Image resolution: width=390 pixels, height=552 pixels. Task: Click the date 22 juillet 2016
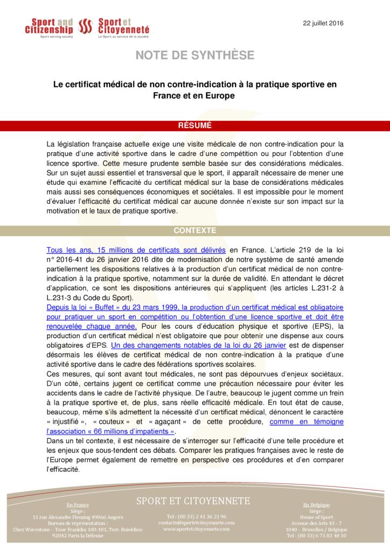click(x=323, y=23)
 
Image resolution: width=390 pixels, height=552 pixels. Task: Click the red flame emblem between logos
click(x=86, y=26)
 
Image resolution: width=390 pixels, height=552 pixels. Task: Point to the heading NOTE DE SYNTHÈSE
click(x=194, y=56)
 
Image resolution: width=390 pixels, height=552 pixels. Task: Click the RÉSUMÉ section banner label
click(x=194, y=126)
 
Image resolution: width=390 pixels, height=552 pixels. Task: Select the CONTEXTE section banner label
click(x=194, y=230)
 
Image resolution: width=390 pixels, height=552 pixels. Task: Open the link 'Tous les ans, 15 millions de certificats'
click(x=136, y=250)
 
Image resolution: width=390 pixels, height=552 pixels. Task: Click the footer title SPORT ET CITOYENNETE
click(x=193, y=501)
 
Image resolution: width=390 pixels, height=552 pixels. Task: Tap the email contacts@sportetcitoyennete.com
click(x=196, y=522)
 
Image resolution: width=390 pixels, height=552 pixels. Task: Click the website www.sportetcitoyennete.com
click(x=196, y=529)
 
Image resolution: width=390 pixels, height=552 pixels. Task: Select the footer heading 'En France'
click(x=78, y=505)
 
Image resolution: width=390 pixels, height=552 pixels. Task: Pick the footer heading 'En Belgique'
click(x=316, y=505)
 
